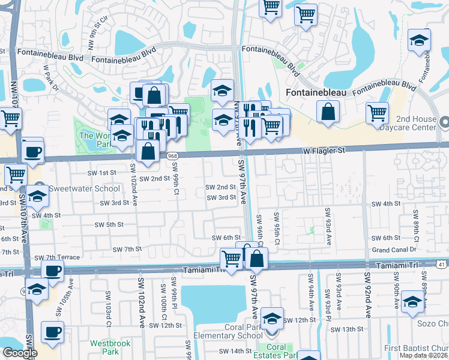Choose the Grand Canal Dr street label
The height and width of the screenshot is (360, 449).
point(394,250)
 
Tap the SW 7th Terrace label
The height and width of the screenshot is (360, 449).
point(57,257)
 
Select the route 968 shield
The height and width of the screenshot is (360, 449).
point(172,156)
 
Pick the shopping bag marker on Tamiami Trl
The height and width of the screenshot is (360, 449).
point(256,258)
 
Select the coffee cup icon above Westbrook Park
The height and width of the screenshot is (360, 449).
point(52,331)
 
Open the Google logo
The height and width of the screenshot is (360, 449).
point(20,353)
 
